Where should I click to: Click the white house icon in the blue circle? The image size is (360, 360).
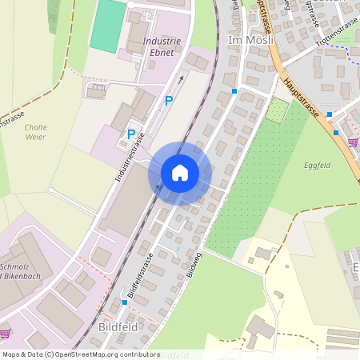coord(180,173)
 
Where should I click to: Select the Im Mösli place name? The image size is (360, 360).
coord(247,39)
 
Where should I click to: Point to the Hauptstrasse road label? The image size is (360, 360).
coord(302,96)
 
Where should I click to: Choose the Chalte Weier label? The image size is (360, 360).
coord(35,132)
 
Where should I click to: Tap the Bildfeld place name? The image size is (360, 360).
coord(118,327)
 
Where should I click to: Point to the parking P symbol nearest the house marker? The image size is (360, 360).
coord(130,134)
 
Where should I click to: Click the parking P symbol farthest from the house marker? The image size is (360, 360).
coord(169,100)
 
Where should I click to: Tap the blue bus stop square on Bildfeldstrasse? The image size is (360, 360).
coord(125,302)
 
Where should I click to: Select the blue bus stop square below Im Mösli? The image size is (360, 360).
coord(234,91)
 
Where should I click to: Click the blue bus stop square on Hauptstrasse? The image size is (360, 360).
coord(336,133)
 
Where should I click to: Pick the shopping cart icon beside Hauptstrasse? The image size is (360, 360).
coord(353,142)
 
